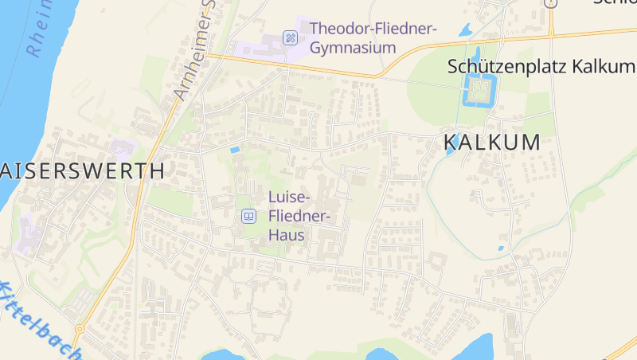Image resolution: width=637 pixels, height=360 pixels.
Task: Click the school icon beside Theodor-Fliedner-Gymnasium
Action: [x=291, y=37]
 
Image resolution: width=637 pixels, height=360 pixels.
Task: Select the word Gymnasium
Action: [x=353, y=48]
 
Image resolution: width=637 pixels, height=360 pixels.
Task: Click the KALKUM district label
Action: [x=491, y=143]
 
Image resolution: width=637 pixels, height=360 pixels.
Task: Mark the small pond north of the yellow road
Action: [x=466, y=30]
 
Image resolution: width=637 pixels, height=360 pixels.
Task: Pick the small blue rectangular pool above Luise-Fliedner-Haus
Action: [x=235, y=149]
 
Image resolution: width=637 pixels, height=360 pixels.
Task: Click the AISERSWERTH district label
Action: [x=84, y=170]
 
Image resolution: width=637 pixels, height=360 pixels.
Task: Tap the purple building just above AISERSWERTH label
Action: [x=122, y=148]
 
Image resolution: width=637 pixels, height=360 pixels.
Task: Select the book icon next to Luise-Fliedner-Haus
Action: [x=248, y=216]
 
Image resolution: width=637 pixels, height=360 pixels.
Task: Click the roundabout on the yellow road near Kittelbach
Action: [x=79, y=328]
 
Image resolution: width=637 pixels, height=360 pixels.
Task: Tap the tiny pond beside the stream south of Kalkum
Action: [x=501, y=248]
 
